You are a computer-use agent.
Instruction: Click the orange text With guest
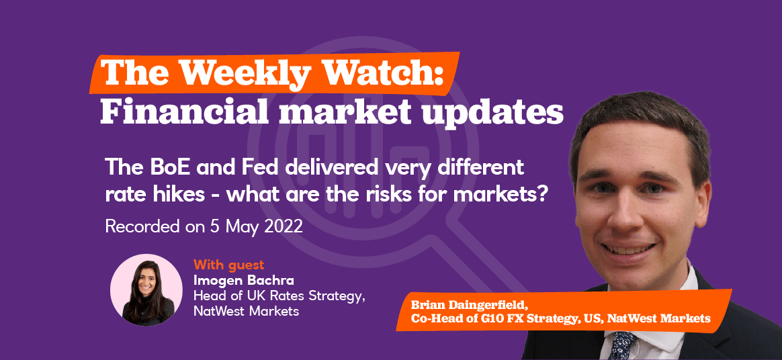click(228, 264)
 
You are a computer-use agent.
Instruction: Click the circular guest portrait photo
click(146, 289)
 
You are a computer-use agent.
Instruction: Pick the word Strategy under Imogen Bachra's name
click(337, 297)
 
